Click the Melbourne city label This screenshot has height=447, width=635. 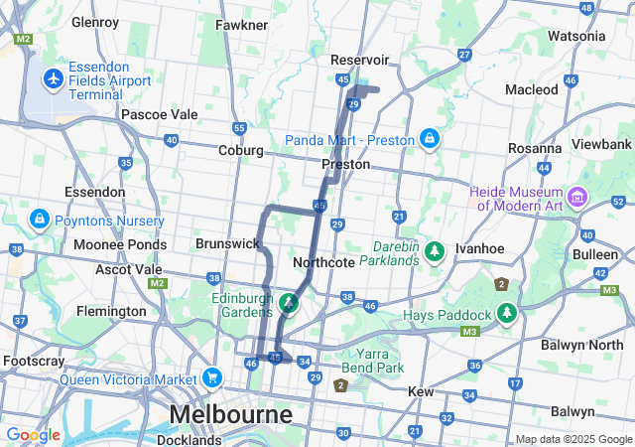231,413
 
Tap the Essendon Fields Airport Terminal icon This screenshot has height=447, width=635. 54,76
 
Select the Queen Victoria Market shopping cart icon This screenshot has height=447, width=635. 210,377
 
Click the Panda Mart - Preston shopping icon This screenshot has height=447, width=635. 429,139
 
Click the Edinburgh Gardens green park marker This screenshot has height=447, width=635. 288,301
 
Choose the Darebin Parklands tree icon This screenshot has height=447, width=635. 434,252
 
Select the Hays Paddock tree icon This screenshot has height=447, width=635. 507,315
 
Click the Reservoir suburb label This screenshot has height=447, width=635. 359,60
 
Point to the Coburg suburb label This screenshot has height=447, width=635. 241,150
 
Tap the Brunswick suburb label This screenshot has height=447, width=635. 227,243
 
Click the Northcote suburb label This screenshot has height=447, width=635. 324,262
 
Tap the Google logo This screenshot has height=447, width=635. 33,435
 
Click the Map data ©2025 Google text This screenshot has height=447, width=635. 572,439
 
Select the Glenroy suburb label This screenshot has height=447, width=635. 95,21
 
